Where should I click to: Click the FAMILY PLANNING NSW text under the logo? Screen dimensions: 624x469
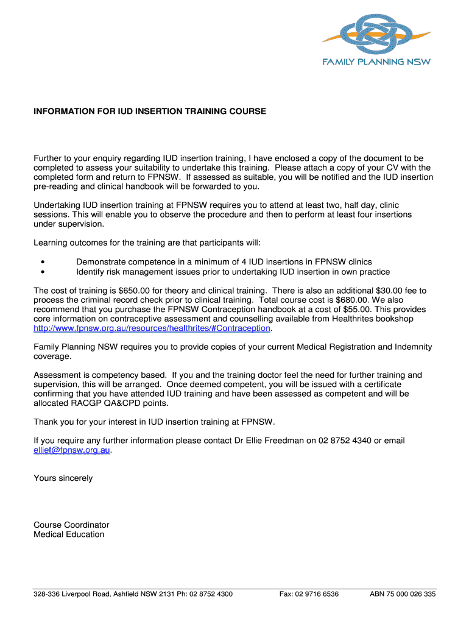point(376,62)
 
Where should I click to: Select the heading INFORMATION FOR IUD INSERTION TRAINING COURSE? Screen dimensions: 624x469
point(150,112)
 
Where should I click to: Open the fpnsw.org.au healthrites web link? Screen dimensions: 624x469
point(152,328)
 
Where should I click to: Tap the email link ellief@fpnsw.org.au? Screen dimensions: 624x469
point(72,450)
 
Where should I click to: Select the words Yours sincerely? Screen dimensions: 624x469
point(63,478)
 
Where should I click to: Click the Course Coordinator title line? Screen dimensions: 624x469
point(71,525)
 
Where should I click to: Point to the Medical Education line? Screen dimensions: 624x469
point(69,534)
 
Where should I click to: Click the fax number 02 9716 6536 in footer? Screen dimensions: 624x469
point(317,594)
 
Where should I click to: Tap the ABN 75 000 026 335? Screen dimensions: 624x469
point(403,594)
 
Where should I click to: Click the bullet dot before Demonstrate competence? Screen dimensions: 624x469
point(43,263)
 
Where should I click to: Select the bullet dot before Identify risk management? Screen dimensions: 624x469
point(43,272)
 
